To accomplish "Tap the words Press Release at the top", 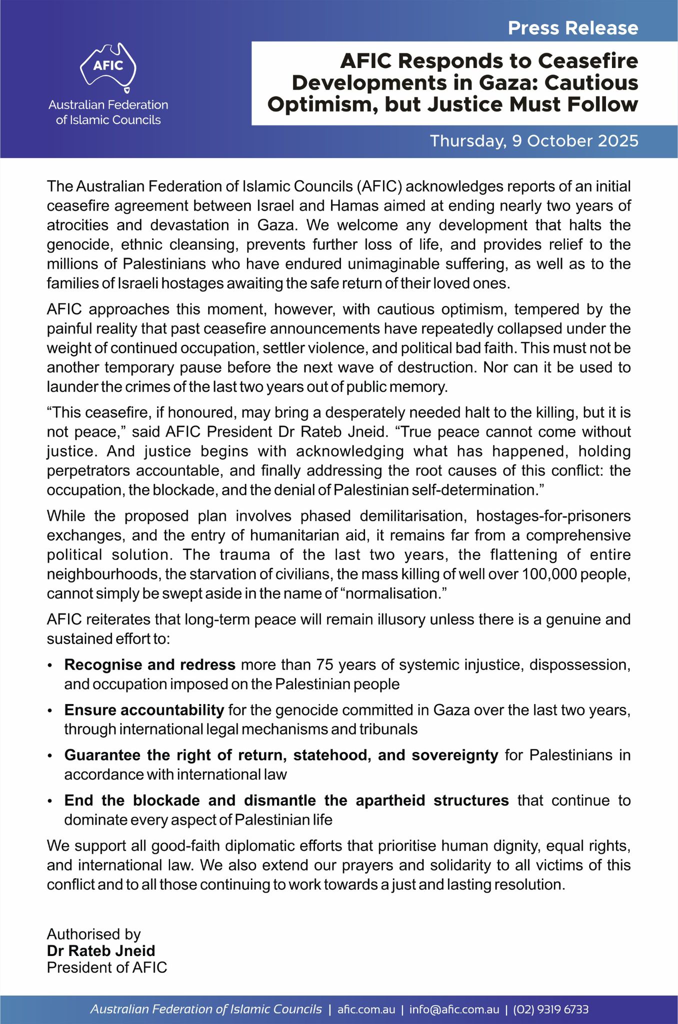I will click(573, 28).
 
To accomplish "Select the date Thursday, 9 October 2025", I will click(534, 141).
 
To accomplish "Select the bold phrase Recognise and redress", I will click(149, 664).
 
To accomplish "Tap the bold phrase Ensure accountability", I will click(144, 709).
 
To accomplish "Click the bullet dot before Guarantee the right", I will click(49, 756).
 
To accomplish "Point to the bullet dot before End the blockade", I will click(49, 801).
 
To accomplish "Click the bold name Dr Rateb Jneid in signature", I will click(101, 950).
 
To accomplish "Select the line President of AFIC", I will click(107, 967).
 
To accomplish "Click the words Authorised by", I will click(94, 934).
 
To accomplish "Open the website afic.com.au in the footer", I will click(366, 1009).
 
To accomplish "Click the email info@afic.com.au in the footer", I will click(454, 1009).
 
